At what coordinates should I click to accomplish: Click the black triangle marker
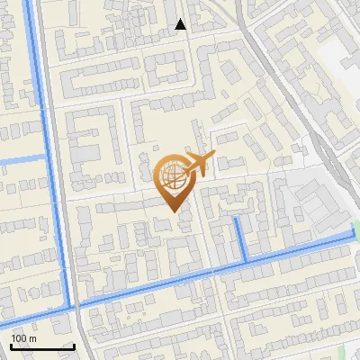click(x=181, y=25)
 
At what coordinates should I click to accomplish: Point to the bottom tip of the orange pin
click(x=174, y=211)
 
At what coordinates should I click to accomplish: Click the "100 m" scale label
click(x=23, y=338)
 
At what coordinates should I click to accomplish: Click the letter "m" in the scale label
click(x=32, y=338)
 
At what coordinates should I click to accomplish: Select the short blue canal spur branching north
click(x=241, y=239)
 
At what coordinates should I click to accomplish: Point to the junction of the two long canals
click(x=72, y=307)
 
